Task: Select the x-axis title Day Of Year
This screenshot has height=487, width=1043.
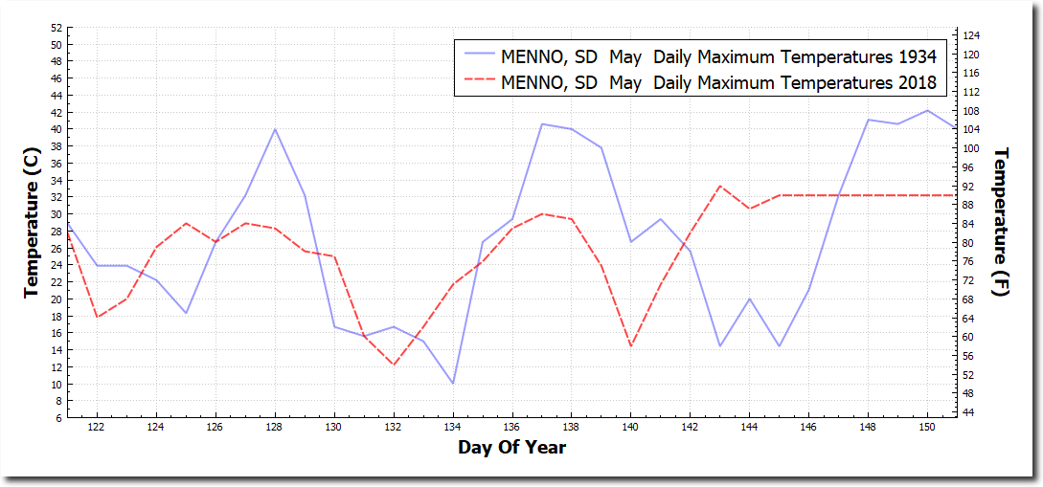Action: (x=511, y=448)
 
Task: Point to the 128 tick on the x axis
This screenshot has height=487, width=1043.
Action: (x=275, y=427)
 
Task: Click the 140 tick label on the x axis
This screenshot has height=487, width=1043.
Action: (x=631, y=427)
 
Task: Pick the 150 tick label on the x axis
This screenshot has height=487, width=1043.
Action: (x=927, y=427)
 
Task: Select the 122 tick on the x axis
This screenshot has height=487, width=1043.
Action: (x=97, y=427)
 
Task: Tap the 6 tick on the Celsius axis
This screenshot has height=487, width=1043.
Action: (x=58, y=418)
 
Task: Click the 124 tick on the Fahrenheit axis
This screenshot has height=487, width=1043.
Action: (x=969, y=35)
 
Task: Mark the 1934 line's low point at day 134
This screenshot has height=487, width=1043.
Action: (x=453, y=383)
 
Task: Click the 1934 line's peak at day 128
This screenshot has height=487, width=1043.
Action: (x=275, y=129)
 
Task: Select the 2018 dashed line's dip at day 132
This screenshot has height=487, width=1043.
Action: (x=394, y=365)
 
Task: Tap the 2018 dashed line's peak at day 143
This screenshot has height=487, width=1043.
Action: (x=720, y=187)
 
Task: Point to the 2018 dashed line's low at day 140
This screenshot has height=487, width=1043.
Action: (x=631, y=345)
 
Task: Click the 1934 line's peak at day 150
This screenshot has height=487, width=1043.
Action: (x=927, y=110)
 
